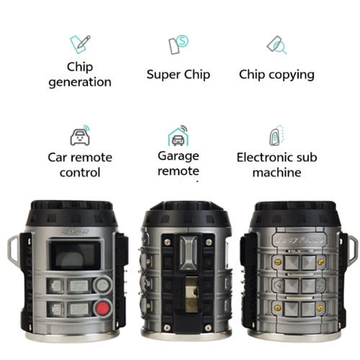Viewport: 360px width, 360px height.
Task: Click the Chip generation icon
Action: point(80,43)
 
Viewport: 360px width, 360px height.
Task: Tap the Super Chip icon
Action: point(178,45)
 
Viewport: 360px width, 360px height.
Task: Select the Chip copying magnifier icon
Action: point(276,45)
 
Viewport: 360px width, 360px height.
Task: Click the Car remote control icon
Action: point(79,135)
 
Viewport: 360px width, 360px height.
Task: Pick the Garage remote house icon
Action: point(178,135)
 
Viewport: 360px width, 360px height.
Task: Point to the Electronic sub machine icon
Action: point(276,135)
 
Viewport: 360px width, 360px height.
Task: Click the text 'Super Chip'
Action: point(178,74)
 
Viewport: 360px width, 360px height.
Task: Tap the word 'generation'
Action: point(80,82)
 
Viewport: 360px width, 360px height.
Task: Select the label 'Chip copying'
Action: point(276,74)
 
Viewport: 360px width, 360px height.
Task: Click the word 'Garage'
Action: point(178,156)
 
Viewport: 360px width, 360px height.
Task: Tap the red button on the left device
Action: point(104,310)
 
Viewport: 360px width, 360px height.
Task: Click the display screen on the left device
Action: point(74,256)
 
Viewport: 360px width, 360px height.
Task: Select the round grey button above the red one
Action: point(104,285)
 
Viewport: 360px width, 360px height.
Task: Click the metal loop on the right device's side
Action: point(352,249)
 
